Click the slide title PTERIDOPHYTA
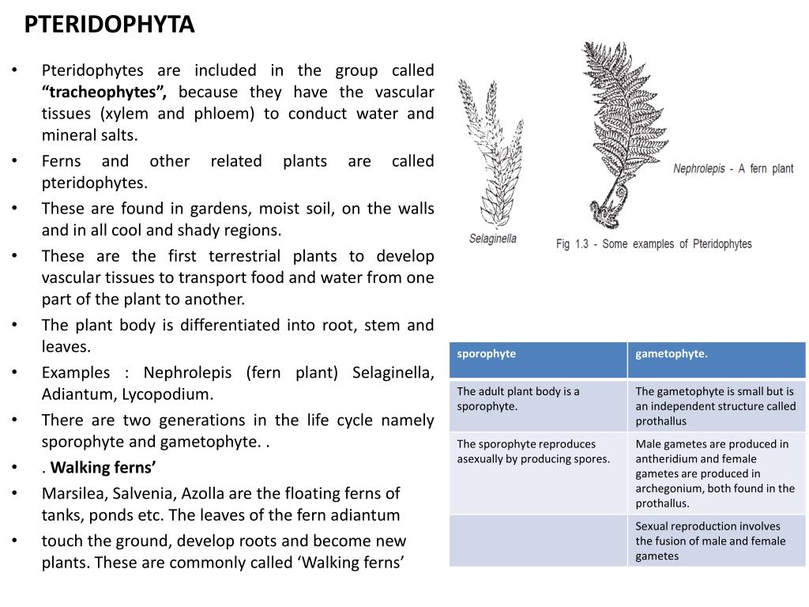click(x=109, y=25)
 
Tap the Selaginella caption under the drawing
click(x=492, y=238)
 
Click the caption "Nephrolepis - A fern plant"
click(x=732, y=169)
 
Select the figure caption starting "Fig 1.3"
click(x=653, y=244)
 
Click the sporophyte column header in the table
click(x=487, y=353)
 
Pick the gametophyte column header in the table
click(x=672, y=353)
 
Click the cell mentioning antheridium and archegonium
click(x=715, y=473)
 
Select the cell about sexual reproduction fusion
click(x=710, y=541)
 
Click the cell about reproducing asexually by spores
click(x=533, y=451)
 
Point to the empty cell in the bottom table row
click(x=538, y=541)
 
